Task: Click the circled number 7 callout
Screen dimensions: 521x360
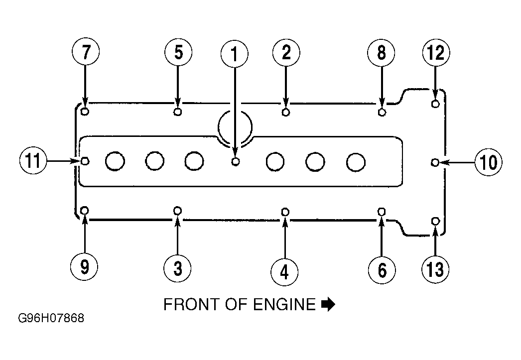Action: tap(86, 52)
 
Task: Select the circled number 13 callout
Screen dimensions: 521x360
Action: tap(435, 268)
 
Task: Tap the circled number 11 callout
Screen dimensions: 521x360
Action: tap(33, 161)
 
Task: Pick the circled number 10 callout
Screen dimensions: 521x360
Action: tap(489, 162)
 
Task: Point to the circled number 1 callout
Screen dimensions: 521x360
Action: tap(235, 54)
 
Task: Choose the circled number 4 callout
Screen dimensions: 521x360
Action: tap(284, 272)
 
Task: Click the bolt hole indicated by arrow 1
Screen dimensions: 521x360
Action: tap(235, 161)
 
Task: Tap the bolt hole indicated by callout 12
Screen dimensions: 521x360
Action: tap(435, 104)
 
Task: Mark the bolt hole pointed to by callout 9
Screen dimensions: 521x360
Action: tap(85, 211)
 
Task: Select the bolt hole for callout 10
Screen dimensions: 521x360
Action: tap(435, 162)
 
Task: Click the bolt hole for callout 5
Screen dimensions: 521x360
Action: tap(178, 112)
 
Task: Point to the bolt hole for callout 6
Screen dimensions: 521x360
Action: tap(382, 211)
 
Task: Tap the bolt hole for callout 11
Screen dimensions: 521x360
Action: tap(85, 161)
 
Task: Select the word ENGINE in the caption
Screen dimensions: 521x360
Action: tap(284, 305)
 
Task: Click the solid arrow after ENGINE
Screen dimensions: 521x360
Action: tap(328, 305)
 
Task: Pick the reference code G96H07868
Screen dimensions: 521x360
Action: tap(51, 318)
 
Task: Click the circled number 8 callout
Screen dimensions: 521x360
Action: tap(381, 53)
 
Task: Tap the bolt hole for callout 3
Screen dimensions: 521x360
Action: tap(178, 211)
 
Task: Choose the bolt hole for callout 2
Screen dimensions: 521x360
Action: tap(285, 112)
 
